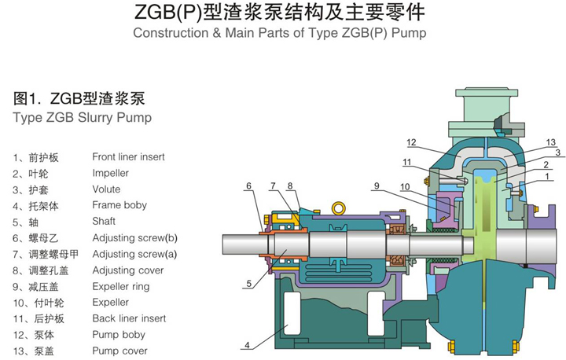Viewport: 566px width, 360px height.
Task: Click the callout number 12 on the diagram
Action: pos(411,142)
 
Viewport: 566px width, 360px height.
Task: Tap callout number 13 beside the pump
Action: pos(551,142)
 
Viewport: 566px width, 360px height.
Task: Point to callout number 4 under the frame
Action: pos(247,345)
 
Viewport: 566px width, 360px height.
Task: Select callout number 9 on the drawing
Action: pos(377,186)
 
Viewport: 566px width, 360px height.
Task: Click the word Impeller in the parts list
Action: pos(110,173)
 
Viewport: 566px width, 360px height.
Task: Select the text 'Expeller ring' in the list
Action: pos(121,286)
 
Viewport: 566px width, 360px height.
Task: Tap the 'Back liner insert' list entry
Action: pos(129,318)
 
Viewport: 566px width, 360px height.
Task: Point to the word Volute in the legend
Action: pos(106,189)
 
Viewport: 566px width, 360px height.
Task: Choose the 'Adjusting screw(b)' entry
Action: pos(134,237)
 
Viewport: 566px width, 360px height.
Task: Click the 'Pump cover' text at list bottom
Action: pos(119,351)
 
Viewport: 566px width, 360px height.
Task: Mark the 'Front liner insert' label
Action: pos(128,156)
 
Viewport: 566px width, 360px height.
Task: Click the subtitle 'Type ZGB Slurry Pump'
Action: pos(83,118)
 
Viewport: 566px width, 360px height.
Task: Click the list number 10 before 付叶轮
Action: pos(18,303)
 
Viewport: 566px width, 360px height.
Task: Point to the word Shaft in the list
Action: pos(104,221)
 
